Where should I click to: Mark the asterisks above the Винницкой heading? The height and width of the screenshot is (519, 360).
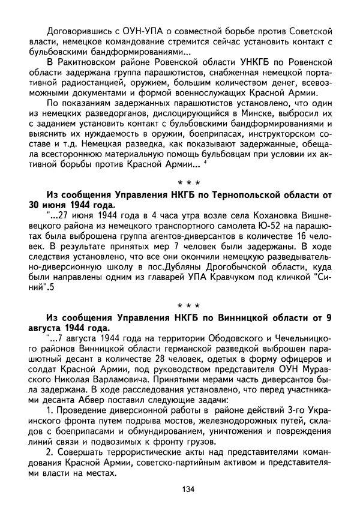click(188, 308)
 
